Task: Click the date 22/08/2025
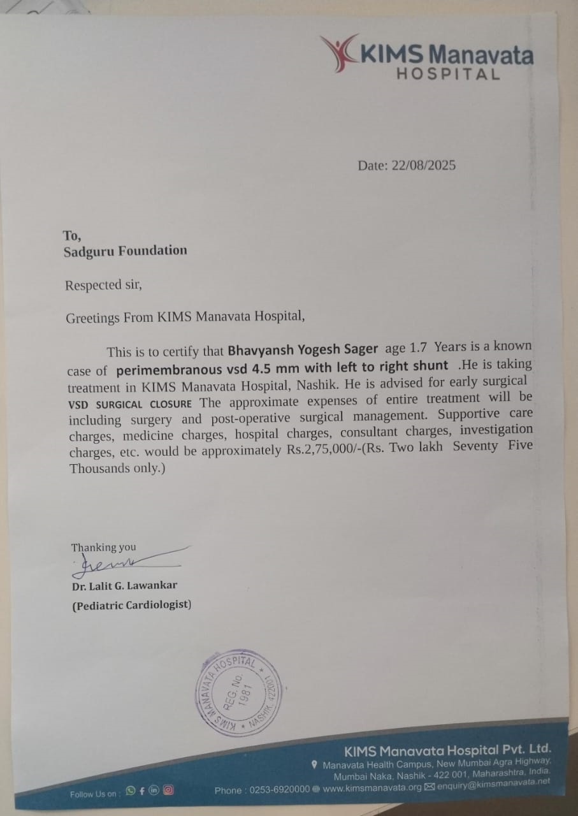pyautogui.click(x=424, y=166)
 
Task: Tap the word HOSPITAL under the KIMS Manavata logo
pyautogui.click(x=448, y=74)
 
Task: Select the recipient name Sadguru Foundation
pyautogui.click(x=126, y=251)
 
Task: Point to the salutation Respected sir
pyautogui.click(x=103, y=285)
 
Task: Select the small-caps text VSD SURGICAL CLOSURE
pyautogui.click(x=130, y=404)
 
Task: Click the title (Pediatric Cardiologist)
pyautogui.click(x=131, y=605)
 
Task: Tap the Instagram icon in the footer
pyautogui.click(x=168, y=790)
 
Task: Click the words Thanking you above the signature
pyautogui.click(x=103, y=547)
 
